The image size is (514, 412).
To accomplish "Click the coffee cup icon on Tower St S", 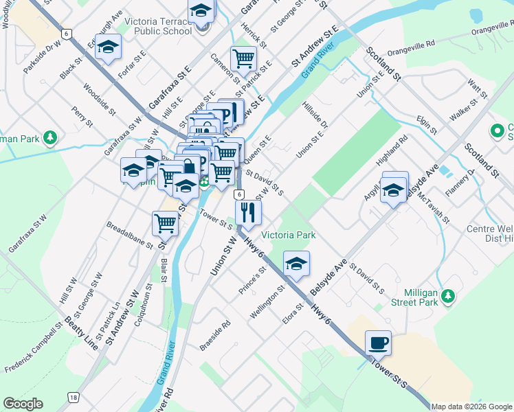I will point(378,342).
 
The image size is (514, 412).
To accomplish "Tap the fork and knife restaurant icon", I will point(248,211).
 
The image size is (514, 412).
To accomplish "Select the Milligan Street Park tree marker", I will point(448,295).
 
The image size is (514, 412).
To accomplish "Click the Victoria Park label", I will point(293,235).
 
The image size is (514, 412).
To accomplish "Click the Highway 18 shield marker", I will point(73,398).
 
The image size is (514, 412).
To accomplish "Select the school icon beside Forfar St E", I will point(109,47).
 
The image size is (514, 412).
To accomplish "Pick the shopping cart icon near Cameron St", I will point(243,59).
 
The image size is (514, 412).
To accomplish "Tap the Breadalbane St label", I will point(130,233).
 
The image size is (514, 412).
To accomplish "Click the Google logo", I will point(23,404).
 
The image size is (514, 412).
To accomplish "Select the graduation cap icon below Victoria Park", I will point(296,264).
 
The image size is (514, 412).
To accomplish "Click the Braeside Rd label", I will point(215,332).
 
